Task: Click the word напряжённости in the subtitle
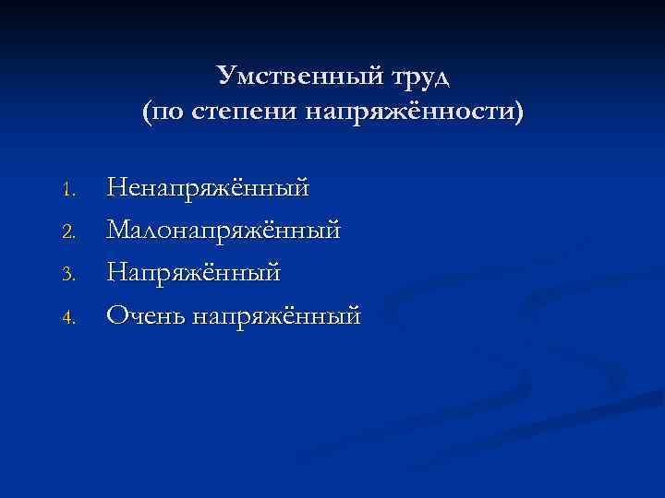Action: (406, 113)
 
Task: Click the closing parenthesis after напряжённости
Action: (517, 113)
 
